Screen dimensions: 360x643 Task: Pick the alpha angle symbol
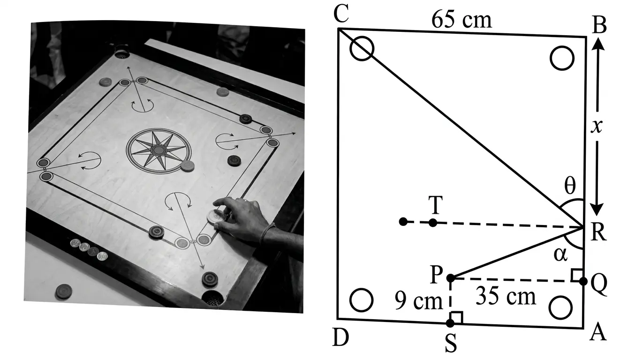click(x=560, y=255)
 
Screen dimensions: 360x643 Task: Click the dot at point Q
click(x=583, y=281)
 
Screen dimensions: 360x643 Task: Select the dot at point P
click(x=451, y=278)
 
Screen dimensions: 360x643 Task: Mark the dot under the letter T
click(x=433, y=223)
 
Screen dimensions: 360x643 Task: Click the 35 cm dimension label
click(x=505, y=296)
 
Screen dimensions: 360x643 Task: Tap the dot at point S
click(x=450, y=323)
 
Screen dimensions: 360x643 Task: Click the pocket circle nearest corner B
click(x=561, y=59)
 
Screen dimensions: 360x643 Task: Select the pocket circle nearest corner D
click(x=362, y=300)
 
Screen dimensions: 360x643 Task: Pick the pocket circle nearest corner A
click(x=560, y=307)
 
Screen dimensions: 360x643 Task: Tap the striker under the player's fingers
click(x=216, y=216)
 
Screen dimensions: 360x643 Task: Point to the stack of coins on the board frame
click(x=88, y=249)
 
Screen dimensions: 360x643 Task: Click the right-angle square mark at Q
click(x=577, y=275)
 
